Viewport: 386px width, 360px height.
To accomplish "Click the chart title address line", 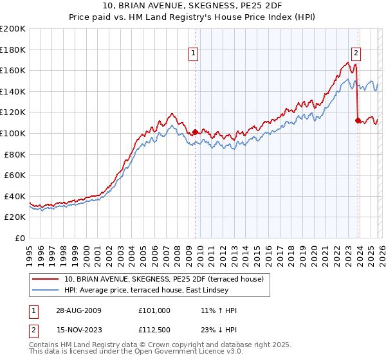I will point(192,6).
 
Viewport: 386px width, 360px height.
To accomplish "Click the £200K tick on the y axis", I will point(13,29).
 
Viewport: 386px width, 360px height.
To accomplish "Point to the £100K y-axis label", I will point(13,133).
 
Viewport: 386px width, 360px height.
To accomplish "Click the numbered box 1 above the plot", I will point(194,54).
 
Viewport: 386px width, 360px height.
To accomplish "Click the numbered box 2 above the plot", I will point(356,54).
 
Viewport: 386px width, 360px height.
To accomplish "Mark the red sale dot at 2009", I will point(195,132).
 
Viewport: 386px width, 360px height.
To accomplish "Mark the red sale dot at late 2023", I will point(358,120).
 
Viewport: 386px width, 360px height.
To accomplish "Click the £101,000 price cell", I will point(154,310).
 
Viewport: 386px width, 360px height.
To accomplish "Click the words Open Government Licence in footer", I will point(181,353).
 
